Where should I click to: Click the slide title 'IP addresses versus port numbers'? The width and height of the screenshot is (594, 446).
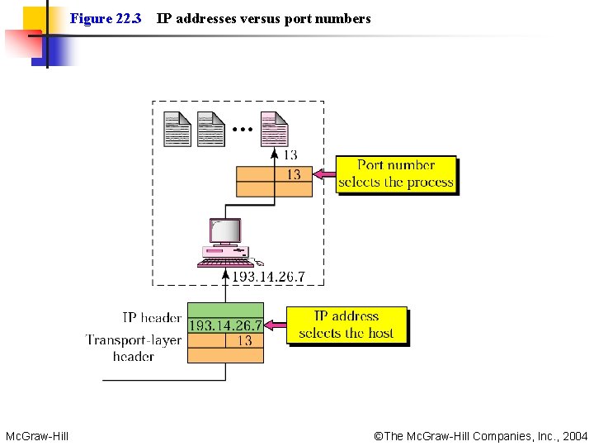(263, 18)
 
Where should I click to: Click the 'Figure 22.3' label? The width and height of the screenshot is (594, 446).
(106, 18)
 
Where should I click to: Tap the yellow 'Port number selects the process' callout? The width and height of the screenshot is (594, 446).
(396, 174)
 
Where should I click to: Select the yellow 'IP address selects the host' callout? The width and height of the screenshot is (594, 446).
(346, 325)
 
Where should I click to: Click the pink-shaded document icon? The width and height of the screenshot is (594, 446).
(274, 129)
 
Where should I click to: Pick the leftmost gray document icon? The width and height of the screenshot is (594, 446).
(177, 129)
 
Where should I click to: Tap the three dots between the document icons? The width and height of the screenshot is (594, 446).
(243, 130)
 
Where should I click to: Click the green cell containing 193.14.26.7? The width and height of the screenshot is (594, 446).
(225, 325)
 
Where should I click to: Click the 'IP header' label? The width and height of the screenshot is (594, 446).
(152, 318)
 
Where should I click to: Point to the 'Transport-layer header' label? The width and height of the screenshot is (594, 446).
(132, 348)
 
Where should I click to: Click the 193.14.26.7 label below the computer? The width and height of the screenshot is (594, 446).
(267, 277)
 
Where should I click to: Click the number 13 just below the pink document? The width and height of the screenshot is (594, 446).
(290, 154)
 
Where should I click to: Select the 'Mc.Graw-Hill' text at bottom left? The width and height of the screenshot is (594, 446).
(37, 435)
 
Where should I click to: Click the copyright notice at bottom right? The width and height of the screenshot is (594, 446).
(480, 435)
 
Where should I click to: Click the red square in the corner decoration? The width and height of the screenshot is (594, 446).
(23, 45)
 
